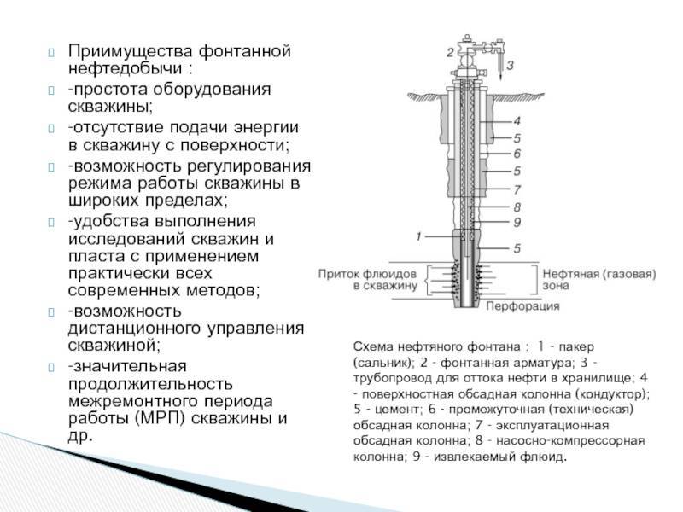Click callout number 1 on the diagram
tap(418, 236)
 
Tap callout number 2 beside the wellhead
tap(451, 53)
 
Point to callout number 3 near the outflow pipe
tap(510, 66)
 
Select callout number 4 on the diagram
tap(517, 121)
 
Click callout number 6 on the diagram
tap(517, 154)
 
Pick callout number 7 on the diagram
tap(517, 189)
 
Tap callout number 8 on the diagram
tap(517, 207)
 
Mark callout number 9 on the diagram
tap(517, 223)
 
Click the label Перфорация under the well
tap(522, 306)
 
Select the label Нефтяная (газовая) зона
tap(599, 280)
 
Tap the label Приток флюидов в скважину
tap(368, 280)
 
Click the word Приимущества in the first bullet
tap(131, 51)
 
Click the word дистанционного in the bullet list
tap(134, 329)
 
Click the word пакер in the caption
tap(576, 347)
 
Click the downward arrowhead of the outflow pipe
tap(499, 77)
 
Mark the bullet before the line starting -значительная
tap(51, 367)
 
